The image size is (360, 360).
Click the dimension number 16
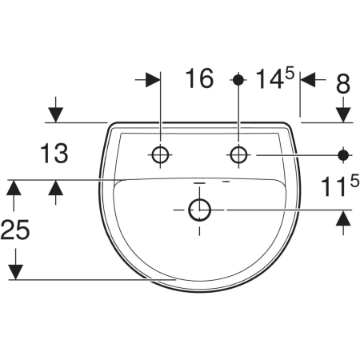click(199, 78)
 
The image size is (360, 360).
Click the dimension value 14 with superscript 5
click(275, 78)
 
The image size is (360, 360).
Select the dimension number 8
click(343, 84)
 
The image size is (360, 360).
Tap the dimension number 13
click(54, 153)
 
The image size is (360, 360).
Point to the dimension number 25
click(15, 230)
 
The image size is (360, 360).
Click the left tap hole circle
click(160, 154)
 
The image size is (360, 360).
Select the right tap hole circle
click(238, 154)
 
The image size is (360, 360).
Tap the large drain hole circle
click(200, 210)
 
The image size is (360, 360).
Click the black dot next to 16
click(238, 79)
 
